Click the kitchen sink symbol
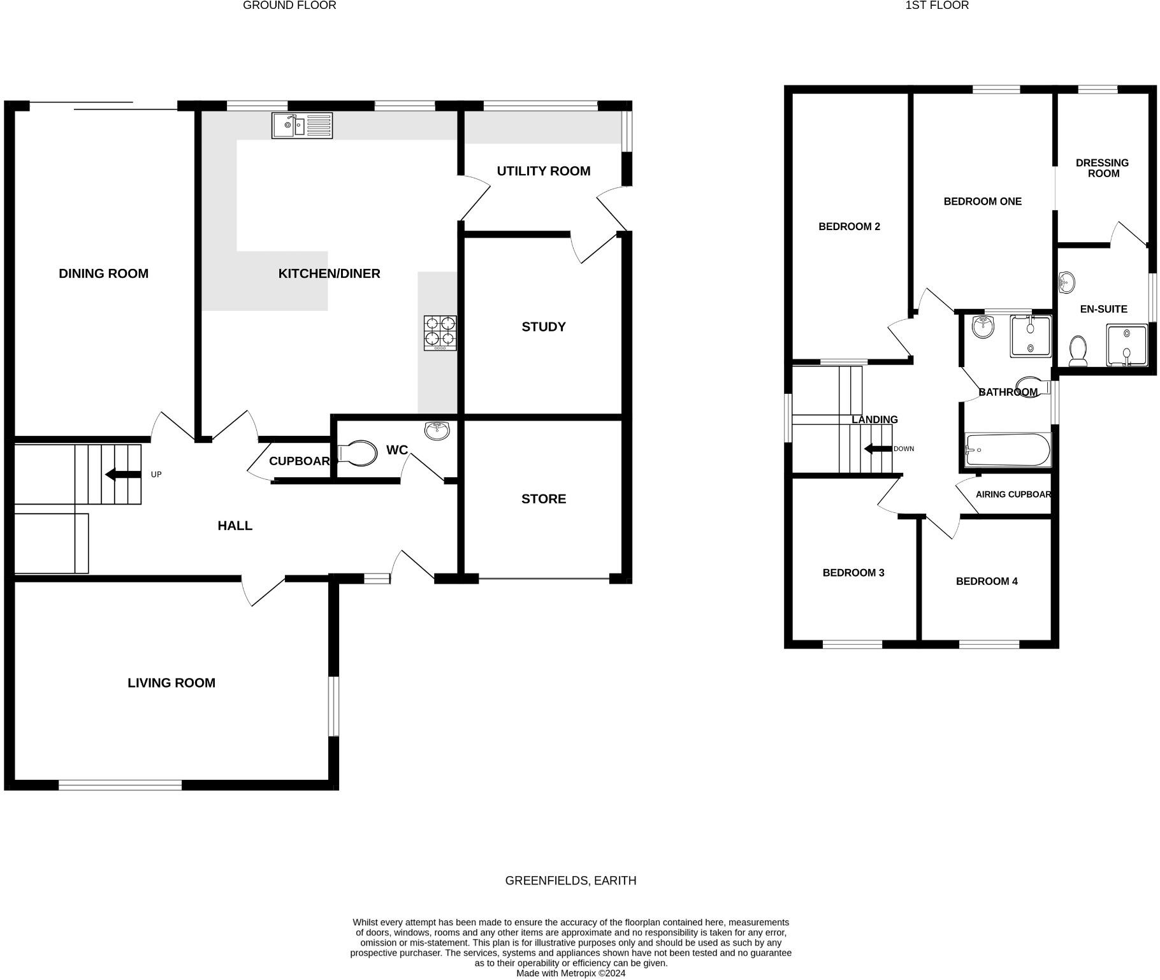click(x=302, y=125)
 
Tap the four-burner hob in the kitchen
click(x=440, y=333)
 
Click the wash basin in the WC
click(x=437, y=430)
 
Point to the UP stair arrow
click(x=123, y=474)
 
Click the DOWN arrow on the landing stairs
click(x=878, y=449)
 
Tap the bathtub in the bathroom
click(x=1008, y=450)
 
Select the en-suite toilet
click(x=1078, y=351)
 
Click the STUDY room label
click(x=543, y=327)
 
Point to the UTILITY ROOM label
click(x=543, y=171)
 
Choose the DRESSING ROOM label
click(x=1102, y=168)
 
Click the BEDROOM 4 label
click(x=986, y=581)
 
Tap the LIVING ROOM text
click(x=171, y=682)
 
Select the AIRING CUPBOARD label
click(x=1012, y=494)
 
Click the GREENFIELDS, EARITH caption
click(x=570, y=881)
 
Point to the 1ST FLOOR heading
click(x=937, y=6)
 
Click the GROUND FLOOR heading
click(x=289, y=6)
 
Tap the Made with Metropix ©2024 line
click(x=570, y=973)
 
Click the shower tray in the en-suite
click(x=1126, y=345)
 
